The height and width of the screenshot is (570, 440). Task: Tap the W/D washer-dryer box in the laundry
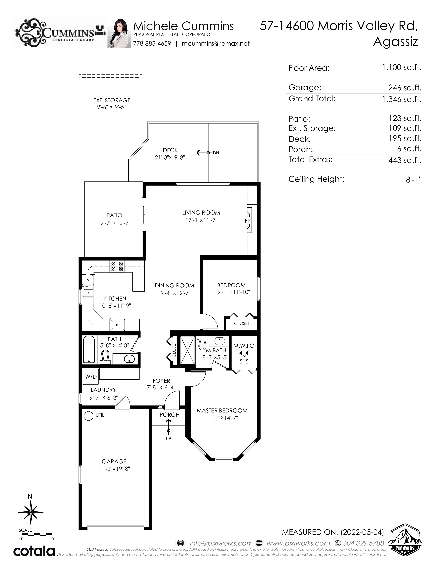point(91,377)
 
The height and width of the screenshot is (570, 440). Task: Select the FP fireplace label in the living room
point(248,221)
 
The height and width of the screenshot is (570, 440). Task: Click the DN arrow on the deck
point(203,153)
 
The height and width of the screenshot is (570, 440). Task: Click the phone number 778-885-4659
point(152,44)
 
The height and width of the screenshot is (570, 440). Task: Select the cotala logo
point(34,551)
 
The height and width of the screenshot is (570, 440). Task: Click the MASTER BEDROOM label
point(222,411)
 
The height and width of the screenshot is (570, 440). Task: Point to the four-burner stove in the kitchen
point(117,266)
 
